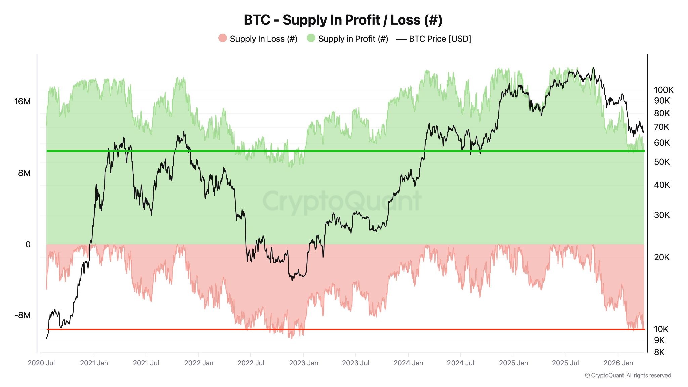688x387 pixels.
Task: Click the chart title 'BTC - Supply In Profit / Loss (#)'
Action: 343,20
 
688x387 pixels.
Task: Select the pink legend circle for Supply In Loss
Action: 222,38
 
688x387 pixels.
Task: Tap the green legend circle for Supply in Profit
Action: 311,38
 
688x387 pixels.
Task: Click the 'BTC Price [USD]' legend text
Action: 440,39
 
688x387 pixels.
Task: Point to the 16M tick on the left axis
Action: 22,101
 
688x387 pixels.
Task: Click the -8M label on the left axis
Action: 22,315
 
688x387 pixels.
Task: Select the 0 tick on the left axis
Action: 28,245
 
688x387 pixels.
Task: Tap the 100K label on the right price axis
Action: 663,90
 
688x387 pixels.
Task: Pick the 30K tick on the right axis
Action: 661,215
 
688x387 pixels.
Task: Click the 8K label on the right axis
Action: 659,352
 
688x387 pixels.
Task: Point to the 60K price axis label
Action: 661,143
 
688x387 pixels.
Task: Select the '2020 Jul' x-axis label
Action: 41,363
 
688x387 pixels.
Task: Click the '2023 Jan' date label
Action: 303,363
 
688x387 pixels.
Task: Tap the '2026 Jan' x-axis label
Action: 618,363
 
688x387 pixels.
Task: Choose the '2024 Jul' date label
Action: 461,363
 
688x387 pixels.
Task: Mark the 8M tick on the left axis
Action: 24,173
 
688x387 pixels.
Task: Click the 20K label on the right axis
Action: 661,257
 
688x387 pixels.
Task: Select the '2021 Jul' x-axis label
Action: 146,363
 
